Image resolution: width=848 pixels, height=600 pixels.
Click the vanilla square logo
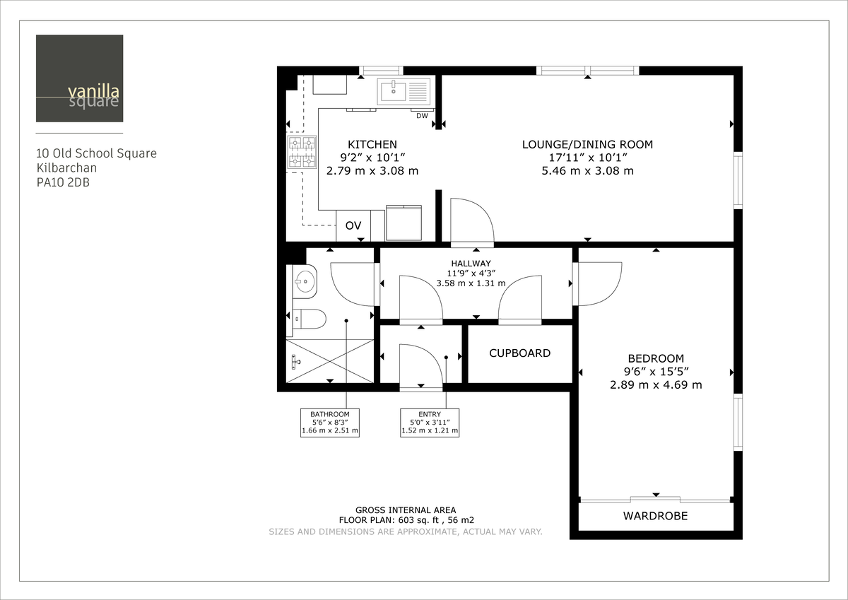[79, 78]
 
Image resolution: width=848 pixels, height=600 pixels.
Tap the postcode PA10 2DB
[63, 182]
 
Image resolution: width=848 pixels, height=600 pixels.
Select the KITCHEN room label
[372, 144]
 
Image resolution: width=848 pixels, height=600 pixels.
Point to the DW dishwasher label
[422, 116]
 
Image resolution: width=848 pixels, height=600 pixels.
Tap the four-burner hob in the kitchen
[301, 153]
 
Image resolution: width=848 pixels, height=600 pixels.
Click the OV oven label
[353, 225]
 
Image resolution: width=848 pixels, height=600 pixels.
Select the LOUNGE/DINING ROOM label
[587, 144]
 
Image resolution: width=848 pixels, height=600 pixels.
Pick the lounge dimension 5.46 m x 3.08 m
[587, 170]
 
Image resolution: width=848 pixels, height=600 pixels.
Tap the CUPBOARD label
[519, 353]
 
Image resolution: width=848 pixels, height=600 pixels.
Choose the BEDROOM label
[656, 358]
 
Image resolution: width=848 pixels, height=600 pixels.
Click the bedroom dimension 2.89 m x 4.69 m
[656, 384]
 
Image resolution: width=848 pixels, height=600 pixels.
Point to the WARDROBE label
[655, 516]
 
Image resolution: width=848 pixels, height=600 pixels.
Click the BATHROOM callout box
[330, 422]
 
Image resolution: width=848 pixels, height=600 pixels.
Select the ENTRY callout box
[430, 422]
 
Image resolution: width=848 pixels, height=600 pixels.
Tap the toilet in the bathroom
[308, 319]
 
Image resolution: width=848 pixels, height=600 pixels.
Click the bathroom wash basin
[305, 281]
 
